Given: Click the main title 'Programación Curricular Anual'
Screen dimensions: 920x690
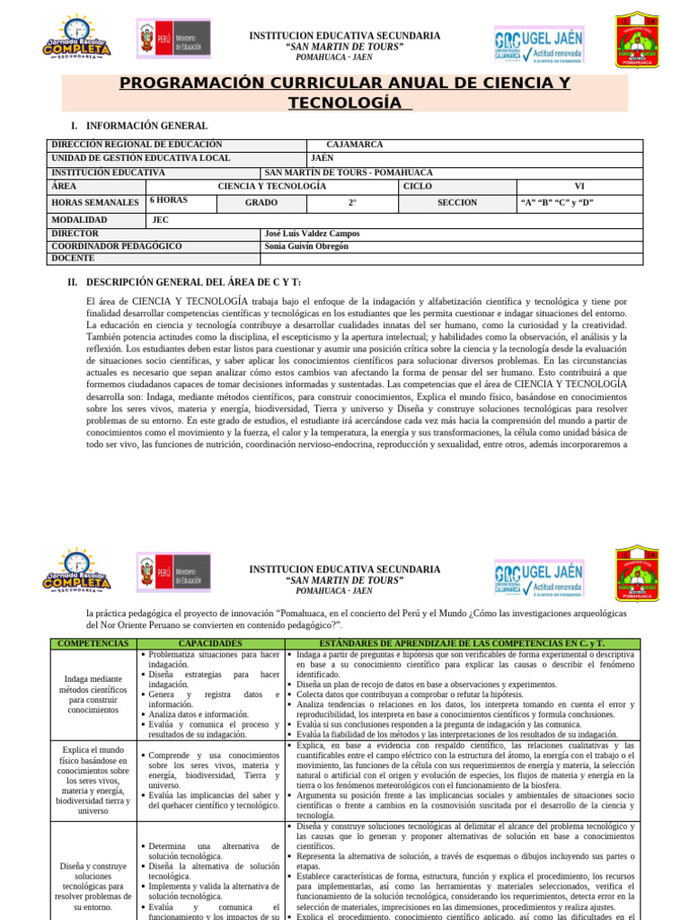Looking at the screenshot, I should click(x=345, y=93).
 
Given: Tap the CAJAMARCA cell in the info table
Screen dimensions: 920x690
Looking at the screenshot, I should click(x=355, y=145).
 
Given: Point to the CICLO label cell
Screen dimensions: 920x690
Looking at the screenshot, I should click(x=418, y=186).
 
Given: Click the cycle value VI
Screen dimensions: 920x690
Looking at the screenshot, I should click(x=579, y=186).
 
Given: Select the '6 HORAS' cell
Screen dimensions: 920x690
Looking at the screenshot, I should click(x=168, y=200).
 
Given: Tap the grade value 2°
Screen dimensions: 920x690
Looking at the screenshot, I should click(x=352, y=203).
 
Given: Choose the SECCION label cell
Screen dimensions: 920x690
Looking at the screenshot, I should click(x=457, y=203).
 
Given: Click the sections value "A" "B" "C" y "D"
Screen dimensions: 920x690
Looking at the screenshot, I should click(x=557, y=203).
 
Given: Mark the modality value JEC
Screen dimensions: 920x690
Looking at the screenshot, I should click(x=160, y=219).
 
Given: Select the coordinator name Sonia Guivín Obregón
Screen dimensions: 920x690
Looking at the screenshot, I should click(x=306, y=246).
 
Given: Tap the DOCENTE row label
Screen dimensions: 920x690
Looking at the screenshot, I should click(x=73, y=259).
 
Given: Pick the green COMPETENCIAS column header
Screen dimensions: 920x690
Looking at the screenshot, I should click(x=93, y=644).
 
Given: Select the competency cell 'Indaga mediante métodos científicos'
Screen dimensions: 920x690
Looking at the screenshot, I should click(x=93, y=692).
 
